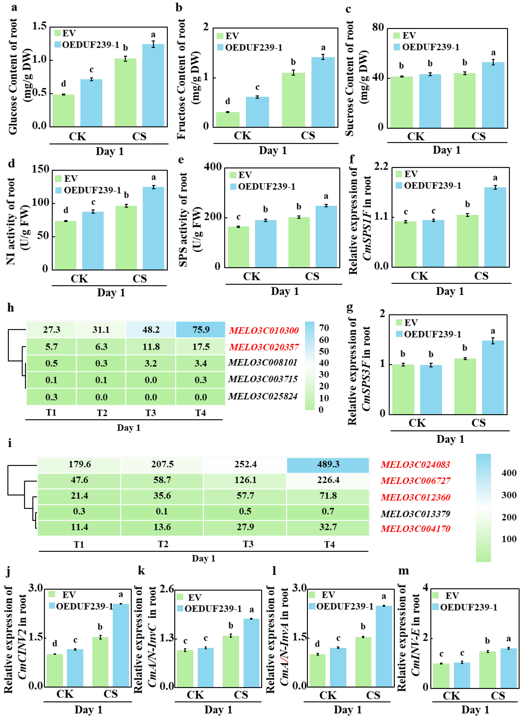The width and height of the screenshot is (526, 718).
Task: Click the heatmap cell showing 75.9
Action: (201, 330)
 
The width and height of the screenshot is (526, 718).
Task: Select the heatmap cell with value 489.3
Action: (328, 464)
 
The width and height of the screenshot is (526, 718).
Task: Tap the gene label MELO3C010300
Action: (264, 331)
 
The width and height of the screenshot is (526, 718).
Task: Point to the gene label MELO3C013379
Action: (415, 514)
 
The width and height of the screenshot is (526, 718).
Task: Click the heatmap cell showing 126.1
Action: (245, 480)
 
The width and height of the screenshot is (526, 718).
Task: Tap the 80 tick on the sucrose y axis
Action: (378, 27)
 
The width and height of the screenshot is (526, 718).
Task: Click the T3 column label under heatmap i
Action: (248, 544)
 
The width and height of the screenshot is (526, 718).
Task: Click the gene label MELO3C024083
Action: (415, 465)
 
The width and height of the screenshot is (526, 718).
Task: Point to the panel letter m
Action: (404, 571)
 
